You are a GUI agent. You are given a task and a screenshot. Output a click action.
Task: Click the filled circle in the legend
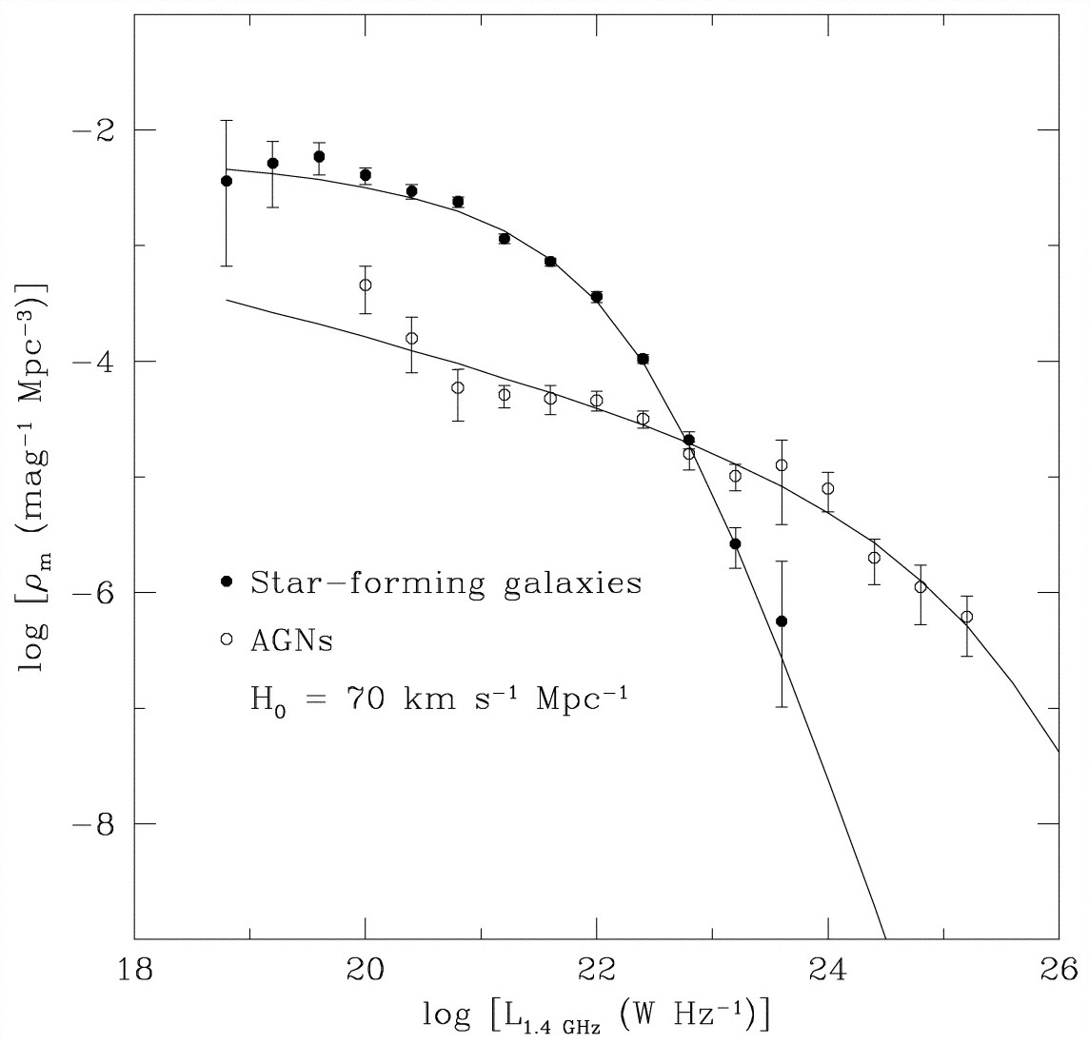point(227,581)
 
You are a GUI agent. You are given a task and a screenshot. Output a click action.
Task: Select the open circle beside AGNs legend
point(227,640)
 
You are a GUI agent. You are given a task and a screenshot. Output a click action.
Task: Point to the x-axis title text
point(596,1016)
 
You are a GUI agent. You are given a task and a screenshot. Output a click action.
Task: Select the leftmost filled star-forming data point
point(227,181)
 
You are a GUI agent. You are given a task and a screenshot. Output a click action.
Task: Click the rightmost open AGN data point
point(966,617)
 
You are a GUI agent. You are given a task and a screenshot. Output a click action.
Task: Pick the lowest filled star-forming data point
point(782,621)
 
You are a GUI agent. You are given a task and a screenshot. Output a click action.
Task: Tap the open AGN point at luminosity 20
point(365,285)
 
